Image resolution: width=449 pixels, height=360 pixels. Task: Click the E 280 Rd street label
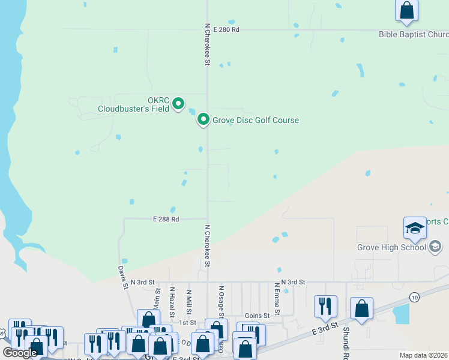pos(225,29)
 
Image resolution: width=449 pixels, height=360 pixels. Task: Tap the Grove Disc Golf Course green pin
pos(203,120)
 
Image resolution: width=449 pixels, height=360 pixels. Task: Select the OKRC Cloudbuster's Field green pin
pos(178,104)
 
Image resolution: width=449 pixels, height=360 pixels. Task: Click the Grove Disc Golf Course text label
pos(255,120)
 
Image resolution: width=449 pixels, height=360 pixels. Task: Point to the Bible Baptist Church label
pos(413,34)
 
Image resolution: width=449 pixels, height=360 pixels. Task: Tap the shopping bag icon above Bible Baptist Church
pos(406,11)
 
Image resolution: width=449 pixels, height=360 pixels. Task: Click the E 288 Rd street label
pos(165,220)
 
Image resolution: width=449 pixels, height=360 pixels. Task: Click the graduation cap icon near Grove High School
pos(415,228)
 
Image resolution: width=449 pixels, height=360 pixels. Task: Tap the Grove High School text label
pos(391,247)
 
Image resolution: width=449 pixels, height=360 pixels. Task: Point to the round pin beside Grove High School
pos(435,247)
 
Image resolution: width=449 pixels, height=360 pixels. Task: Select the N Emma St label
pos(277,299)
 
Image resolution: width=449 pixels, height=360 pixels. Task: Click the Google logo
pos(20,353)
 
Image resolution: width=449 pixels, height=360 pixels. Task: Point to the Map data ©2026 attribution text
pos(424,355)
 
